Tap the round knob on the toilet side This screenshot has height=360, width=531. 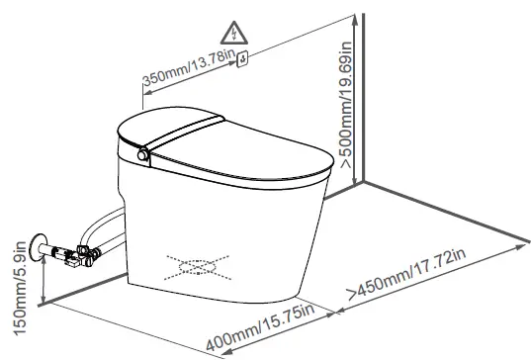click(143, 155)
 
